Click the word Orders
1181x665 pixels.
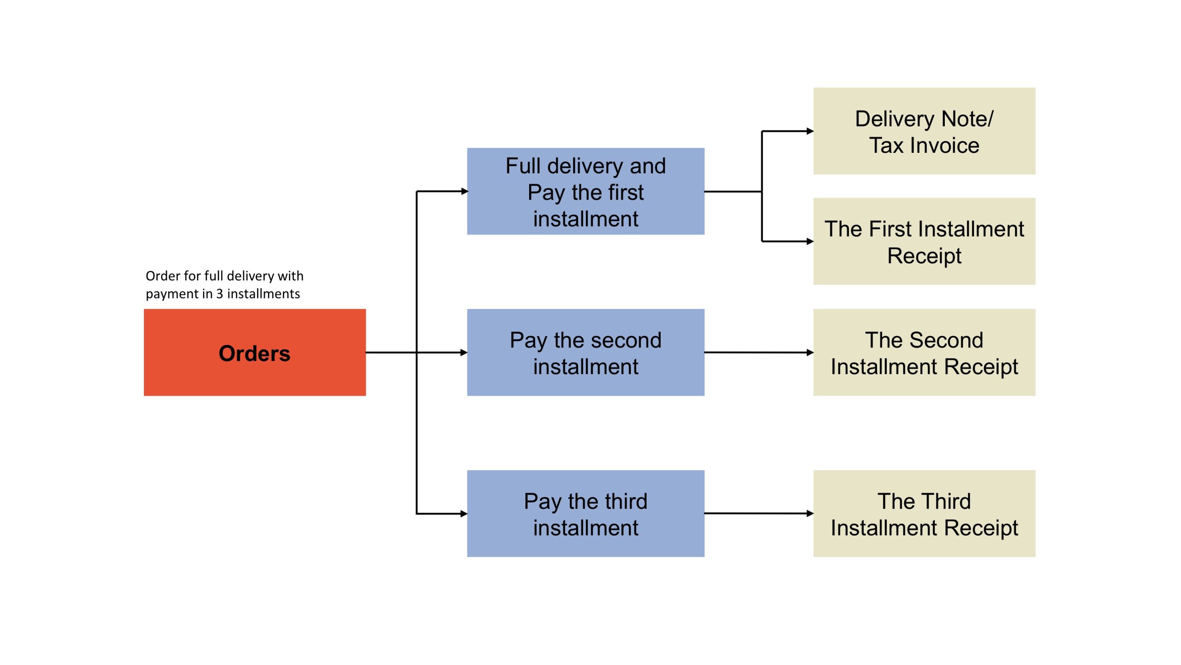254,354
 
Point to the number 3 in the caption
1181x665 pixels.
220,294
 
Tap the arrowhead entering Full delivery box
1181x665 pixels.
464,191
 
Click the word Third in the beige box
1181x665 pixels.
947,502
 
